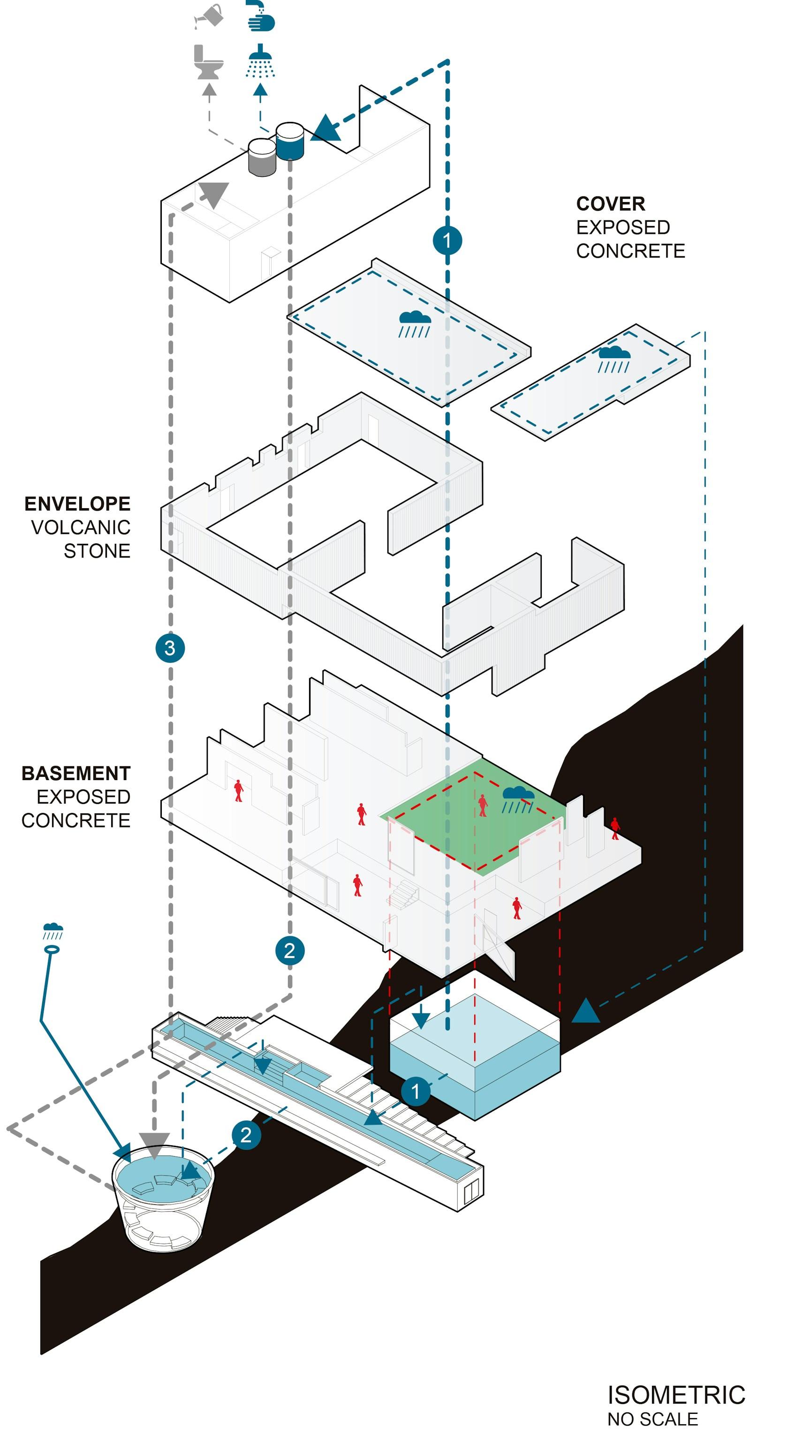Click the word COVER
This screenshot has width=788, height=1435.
(610, 204)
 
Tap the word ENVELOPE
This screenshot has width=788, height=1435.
(77, 503)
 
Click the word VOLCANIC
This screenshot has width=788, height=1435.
(81, 527)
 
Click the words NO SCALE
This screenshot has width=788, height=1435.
(652, 1419)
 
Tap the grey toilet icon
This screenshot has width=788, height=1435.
(208, 62)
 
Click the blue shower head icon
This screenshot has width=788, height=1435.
(260, 61)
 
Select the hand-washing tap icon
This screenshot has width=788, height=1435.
(261, 15)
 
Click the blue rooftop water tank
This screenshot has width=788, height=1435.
(290, 142)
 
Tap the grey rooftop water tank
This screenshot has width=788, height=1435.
(262, 158)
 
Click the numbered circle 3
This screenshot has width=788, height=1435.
(170, 648)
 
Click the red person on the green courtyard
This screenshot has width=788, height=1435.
(483, 805)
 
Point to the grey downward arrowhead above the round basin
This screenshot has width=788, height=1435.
(154, 1146)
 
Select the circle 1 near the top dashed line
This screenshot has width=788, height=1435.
(447, 240)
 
